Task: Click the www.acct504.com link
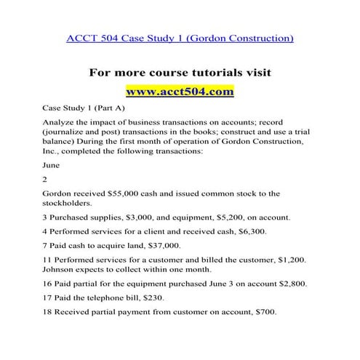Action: (x=180, y=92)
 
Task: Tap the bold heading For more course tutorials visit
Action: (x=180, y=73)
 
